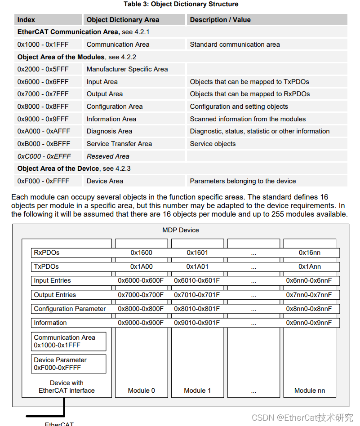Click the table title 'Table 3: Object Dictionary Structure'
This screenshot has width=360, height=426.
pos(181,4)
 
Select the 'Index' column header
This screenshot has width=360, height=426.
pos(26,20)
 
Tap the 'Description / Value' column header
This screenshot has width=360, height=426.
pos(220,20)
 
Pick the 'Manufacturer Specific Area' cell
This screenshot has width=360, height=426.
pos(127,69)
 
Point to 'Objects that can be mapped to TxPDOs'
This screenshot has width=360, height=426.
pos(249,82)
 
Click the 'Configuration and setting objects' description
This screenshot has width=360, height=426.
pos(239,106)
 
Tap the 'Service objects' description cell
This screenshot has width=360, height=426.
pos(213,144)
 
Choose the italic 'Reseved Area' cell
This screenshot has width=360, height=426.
pos(108,156)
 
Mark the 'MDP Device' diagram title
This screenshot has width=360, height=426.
pos(181,230)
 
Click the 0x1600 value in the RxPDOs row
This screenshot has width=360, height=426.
pos(141,253)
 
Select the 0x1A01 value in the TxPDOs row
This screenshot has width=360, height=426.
pos(197,266)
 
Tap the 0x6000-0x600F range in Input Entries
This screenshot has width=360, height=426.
pos(141,280)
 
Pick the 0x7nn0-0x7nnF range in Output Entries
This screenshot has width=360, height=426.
pos(309,295)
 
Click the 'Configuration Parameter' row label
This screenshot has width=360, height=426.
pos(70,309)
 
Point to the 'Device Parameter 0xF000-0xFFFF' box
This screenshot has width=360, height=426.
pos(69,364)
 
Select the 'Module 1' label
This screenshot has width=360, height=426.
pos(197,390)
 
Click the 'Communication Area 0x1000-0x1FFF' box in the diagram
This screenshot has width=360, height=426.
pos(69,342)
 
